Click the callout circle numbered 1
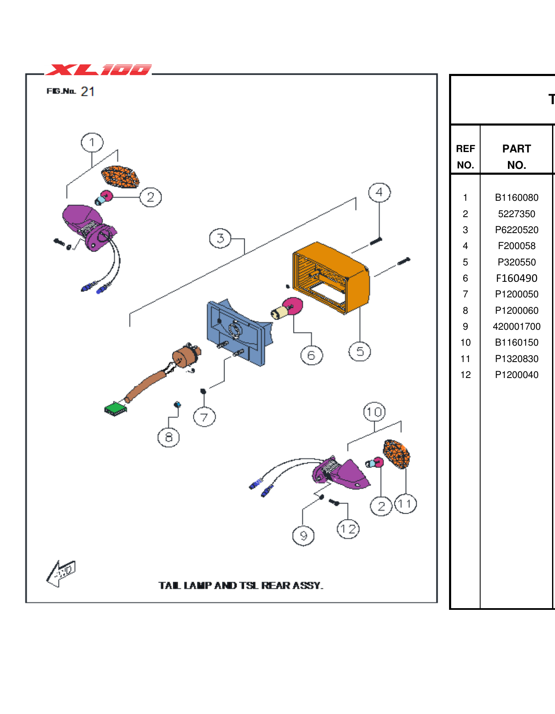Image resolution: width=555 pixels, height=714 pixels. click(x=92, y=143)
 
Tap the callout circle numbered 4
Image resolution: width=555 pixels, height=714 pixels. click(x=379, y=192)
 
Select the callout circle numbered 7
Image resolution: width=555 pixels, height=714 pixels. click(x=204, y=417)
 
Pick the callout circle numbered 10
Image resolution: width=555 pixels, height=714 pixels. click(x=374, y=412)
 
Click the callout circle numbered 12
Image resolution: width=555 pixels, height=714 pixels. click(x=348, y=529)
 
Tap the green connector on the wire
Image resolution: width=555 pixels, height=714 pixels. click(x=116, y=409)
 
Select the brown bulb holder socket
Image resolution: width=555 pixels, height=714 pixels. click(x=185, y=356)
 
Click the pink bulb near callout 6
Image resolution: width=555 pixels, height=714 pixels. click(x=293, y=306)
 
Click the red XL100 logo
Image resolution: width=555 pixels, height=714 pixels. click(x=99, y=70)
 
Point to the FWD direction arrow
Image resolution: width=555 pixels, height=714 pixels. click(x=61, y=573)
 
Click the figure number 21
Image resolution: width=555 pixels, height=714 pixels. click(x=87, y=92)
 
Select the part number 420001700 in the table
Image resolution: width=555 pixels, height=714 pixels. click(x=516, y=326)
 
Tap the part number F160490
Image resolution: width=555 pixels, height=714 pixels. click(x=516, y=278)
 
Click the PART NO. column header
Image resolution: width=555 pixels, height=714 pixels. click(x=516, y=157)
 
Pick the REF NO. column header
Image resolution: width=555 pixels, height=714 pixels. click(x=465, y=157)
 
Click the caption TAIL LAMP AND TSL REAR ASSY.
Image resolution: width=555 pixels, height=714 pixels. click(x=241, y=585)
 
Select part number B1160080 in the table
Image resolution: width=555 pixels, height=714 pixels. click(x=516, y=197)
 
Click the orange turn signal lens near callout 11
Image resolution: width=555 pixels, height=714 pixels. click(x=397, y=454)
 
